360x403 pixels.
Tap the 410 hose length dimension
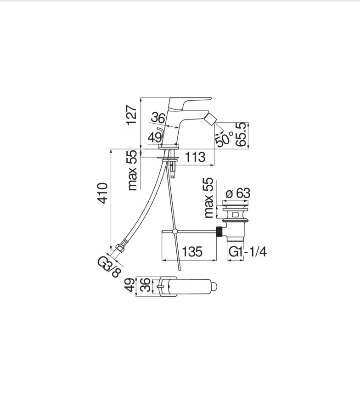(102, 193)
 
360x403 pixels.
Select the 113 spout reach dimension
(195, 157)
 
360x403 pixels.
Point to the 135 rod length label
(192, 251)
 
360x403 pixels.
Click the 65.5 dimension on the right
(242, 135)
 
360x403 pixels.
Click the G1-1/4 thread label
(247, 252)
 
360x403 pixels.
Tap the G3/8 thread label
(109, 267)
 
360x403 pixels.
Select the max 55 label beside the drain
(208, 198)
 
